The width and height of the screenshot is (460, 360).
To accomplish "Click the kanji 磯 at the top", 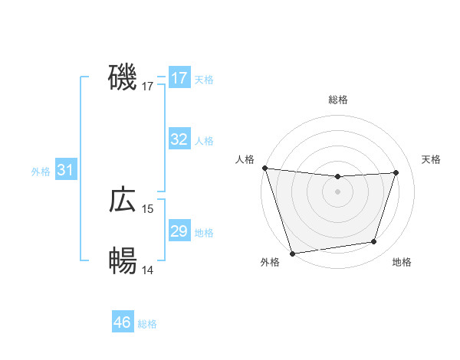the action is pos(123,77).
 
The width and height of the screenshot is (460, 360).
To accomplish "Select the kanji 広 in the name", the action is pos(123,200).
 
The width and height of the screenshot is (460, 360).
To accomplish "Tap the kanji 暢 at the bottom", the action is pos(123,261).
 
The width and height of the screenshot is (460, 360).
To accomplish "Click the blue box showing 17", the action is pos(179,78).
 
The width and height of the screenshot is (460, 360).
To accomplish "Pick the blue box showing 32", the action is pos(179,139).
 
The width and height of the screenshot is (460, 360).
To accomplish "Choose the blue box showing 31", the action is pos(65,170).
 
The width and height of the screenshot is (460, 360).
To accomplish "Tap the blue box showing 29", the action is pos(179,231).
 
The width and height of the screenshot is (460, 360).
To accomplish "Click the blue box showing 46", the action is pos(122,322).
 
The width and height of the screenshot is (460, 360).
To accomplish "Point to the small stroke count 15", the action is pos(148,209).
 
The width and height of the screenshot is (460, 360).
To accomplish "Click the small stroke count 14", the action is pos(148,270).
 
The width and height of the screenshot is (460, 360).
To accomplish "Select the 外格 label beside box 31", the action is pos(41,172).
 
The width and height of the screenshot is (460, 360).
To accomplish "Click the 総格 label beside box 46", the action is pos(147,324).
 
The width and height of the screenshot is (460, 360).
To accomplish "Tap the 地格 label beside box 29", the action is pos(204,233).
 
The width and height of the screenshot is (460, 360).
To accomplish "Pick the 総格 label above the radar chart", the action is pos(337,100).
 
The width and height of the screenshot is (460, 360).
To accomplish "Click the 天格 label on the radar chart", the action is pos(432,159).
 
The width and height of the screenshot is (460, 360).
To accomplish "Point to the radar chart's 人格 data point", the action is pos(264,168).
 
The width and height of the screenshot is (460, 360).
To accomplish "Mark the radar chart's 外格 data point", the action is pos(292,253).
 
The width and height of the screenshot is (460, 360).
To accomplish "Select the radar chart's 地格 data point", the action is pos(374,242).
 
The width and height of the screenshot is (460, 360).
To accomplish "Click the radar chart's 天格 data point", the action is pos(396,172).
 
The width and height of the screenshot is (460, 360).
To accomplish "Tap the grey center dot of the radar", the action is pos(337,191).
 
